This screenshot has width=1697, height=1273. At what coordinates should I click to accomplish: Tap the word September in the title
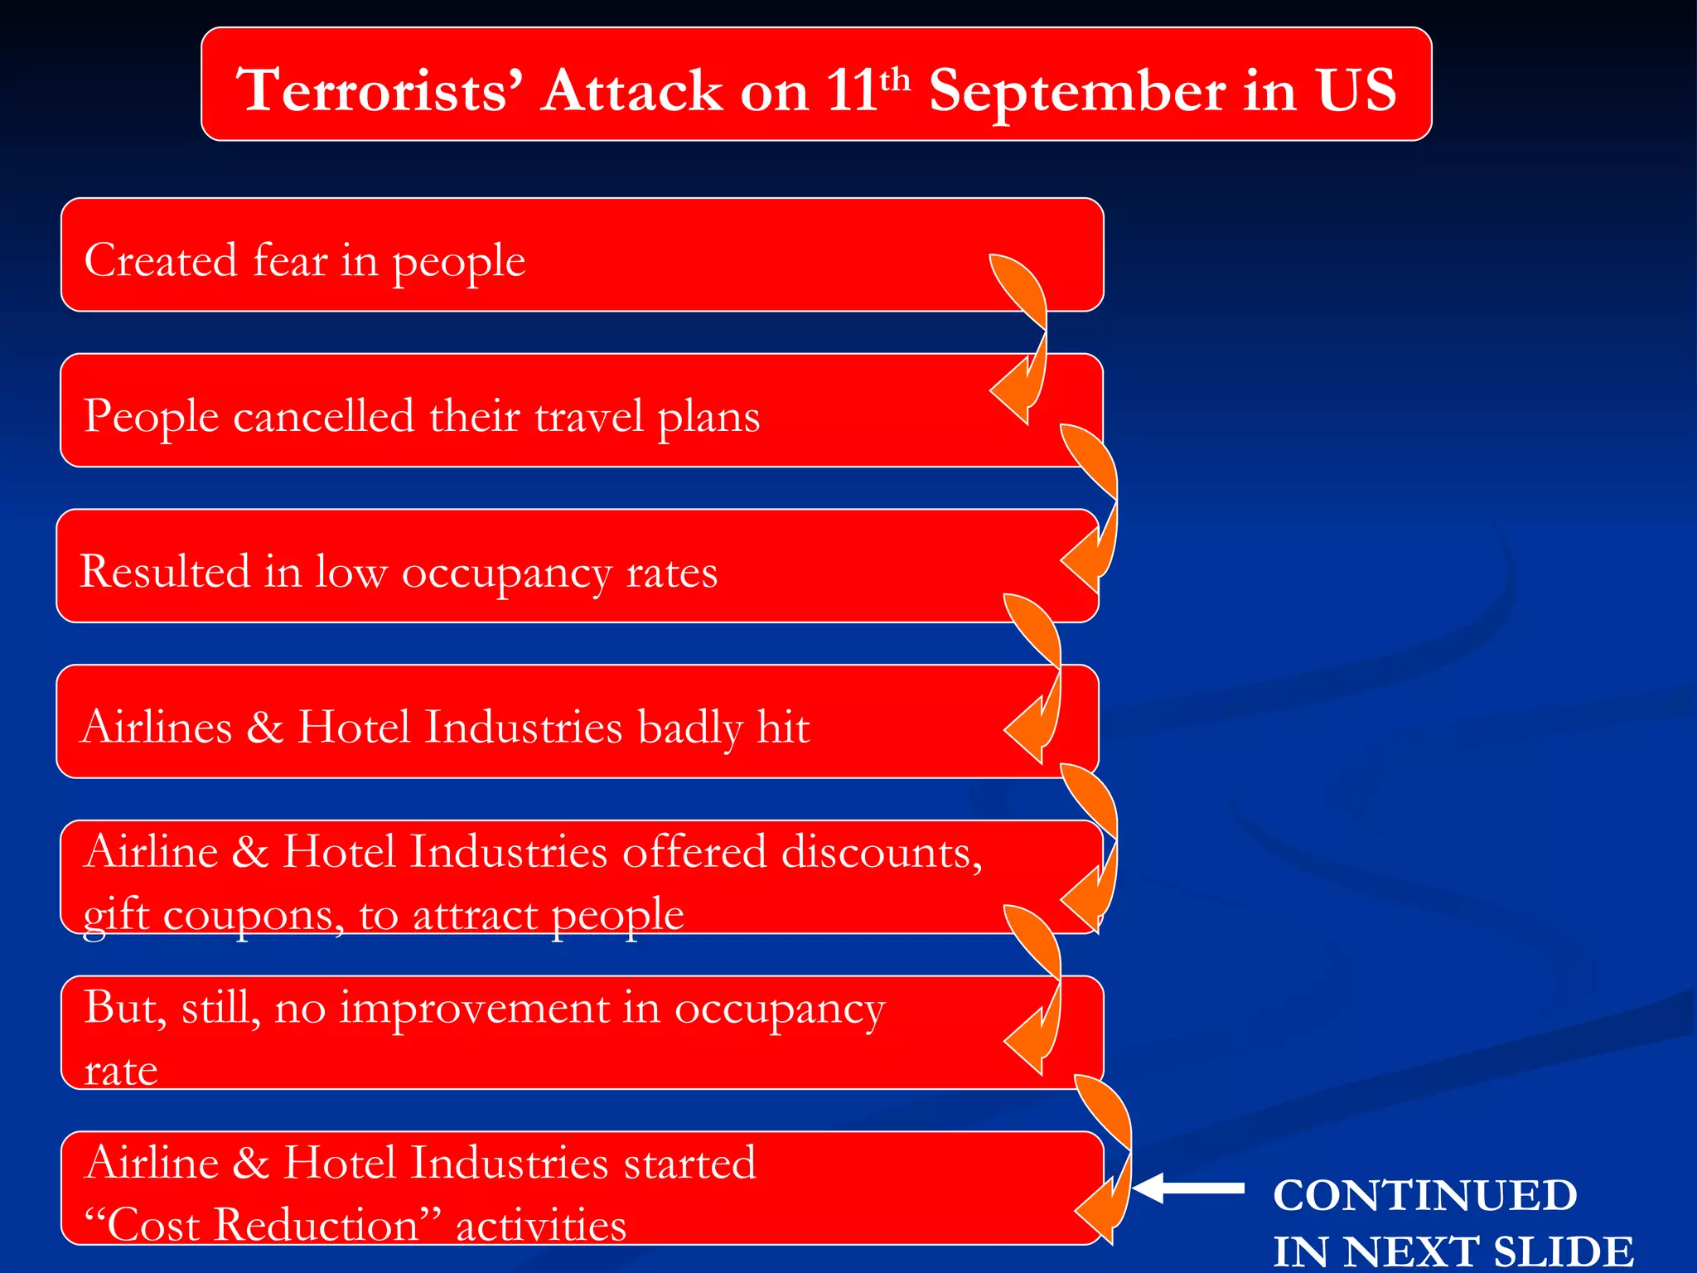click(1076, 91)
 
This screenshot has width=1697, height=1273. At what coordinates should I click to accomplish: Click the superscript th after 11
click(895, 80)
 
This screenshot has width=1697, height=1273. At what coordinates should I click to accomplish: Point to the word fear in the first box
click(290, 260)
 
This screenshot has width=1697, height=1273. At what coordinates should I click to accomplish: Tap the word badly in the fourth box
click(689, 727)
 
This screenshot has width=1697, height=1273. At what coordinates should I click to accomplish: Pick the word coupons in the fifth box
click(254, 915)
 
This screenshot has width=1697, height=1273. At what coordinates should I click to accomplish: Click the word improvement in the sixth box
click(473, 1008)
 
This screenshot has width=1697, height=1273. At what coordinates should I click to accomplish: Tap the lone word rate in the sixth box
click(120, 1070)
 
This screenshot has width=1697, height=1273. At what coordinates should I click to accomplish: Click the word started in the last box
click(689, 1162)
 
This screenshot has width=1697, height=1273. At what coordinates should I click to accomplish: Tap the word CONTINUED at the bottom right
click(1424, 1195)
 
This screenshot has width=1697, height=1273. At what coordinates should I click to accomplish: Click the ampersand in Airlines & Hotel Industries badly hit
click(264, 727)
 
